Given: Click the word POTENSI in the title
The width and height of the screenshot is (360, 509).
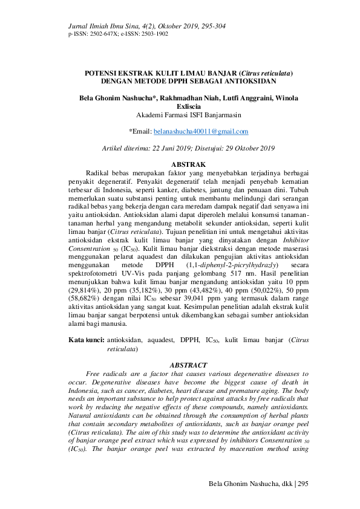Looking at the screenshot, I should click(102, 73).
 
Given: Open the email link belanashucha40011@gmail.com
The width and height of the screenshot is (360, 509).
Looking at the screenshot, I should click(201, 131).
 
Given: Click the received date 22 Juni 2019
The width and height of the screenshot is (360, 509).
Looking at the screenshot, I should click(176, 148).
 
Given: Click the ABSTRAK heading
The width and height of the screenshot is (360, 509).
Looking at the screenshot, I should click(189, 164).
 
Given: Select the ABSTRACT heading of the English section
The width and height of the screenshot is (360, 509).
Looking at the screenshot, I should click(189, 365).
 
